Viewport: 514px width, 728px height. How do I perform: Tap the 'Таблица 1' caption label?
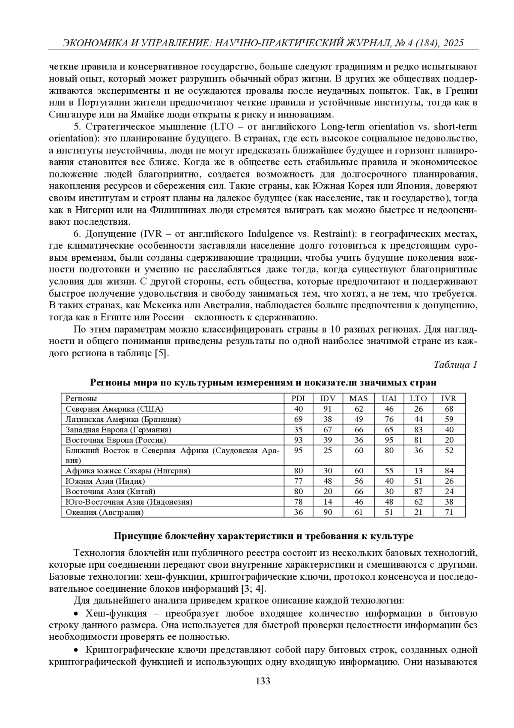tap(455, 365)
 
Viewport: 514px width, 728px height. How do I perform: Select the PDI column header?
tap(298, 398)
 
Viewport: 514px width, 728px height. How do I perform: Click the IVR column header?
tap(448, 398)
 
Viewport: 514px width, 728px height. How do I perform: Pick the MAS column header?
tap(359, 398)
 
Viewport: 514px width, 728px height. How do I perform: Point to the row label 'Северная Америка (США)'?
tap(114, 409)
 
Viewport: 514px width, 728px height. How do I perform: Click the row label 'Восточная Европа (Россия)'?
tap(116, 440)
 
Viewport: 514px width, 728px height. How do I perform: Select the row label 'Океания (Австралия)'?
tap(105, 512)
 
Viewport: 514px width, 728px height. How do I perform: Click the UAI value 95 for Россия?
tap(388, 440)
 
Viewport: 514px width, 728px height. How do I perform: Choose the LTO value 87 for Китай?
tap(418, 492)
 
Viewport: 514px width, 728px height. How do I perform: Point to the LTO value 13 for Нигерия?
tap(418, 471)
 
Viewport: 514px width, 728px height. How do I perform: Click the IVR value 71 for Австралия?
tap(448, 512)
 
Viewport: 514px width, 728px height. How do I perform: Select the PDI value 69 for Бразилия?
tap(298, 419)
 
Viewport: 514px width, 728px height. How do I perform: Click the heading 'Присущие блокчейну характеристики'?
tap(263, 536)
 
